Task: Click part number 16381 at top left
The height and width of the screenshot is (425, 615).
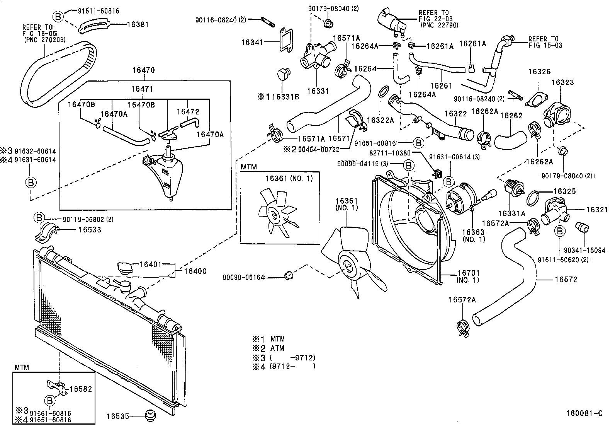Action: [138, 24]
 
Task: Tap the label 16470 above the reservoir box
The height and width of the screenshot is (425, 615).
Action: [143, 71]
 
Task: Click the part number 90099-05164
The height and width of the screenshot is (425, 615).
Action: [243, 277]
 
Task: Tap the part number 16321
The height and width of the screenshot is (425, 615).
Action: [596, 210]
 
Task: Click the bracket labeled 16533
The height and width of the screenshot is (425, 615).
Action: [47, 231]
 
